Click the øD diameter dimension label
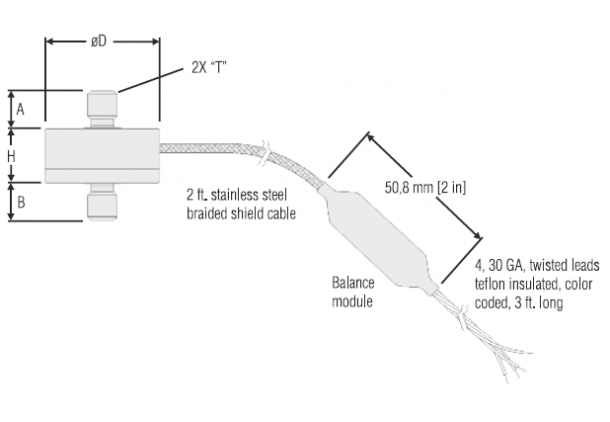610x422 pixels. [99, 41]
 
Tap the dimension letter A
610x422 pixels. [20, 109]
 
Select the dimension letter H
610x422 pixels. [11, 156]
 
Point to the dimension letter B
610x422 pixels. [21, 203]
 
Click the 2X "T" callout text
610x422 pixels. [209, 68]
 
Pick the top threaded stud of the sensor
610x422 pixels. [102, 109]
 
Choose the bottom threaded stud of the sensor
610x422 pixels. [102, 202]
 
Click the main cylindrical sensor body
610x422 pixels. [102, 155]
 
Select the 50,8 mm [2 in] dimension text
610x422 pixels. [425, 188]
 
